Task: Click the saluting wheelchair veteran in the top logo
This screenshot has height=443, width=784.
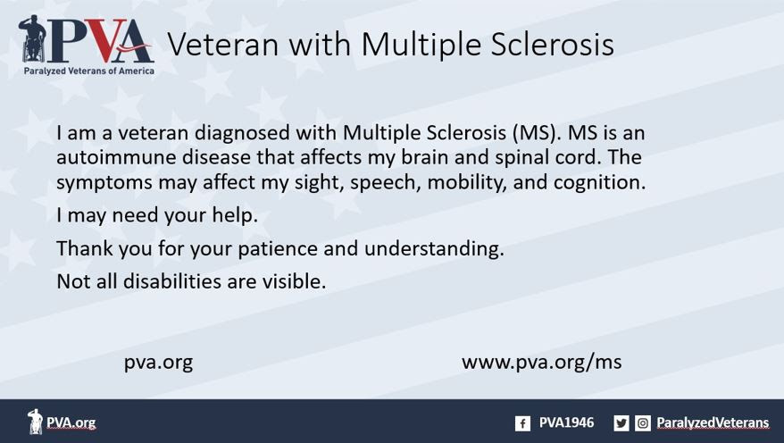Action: click(32, 39)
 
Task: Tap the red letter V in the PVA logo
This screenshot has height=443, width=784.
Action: click(106, 40)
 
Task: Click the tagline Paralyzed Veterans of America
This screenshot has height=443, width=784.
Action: click(89, 71)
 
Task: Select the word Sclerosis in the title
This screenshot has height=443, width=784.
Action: click(552, 44)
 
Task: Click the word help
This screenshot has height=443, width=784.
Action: click(235, 215)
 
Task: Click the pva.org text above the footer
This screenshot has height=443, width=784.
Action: click(159, 363)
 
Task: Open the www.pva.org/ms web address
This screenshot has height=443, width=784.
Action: click(541, 362)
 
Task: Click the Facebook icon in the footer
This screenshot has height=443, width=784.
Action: click(522, 423)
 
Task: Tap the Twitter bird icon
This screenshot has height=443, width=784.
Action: click(621, 423)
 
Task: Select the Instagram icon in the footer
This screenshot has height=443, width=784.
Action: click(643, 423)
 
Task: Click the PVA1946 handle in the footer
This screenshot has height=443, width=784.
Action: click(566, 423)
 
